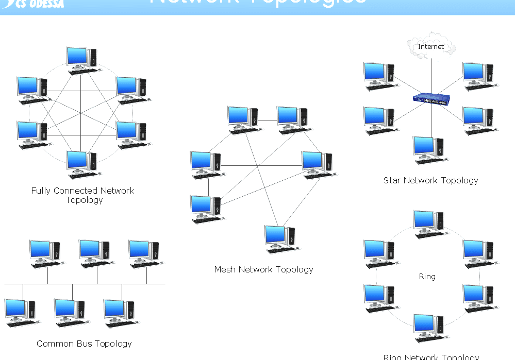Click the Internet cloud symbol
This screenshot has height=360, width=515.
(430, 47)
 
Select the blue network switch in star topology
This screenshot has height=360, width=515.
(431, 99)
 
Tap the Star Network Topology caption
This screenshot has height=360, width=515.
(430, 180)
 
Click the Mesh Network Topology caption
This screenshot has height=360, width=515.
(263, 269)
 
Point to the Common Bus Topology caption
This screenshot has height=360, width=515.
(84, 344)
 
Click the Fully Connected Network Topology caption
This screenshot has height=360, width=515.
(82, 195)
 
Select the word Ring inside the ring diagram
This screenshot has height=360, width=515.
(427, 277)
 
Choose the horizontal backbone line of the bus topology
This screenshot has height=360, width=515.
(85, 284)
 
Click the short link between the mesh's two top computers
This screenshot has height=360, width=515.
(268, 121)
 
